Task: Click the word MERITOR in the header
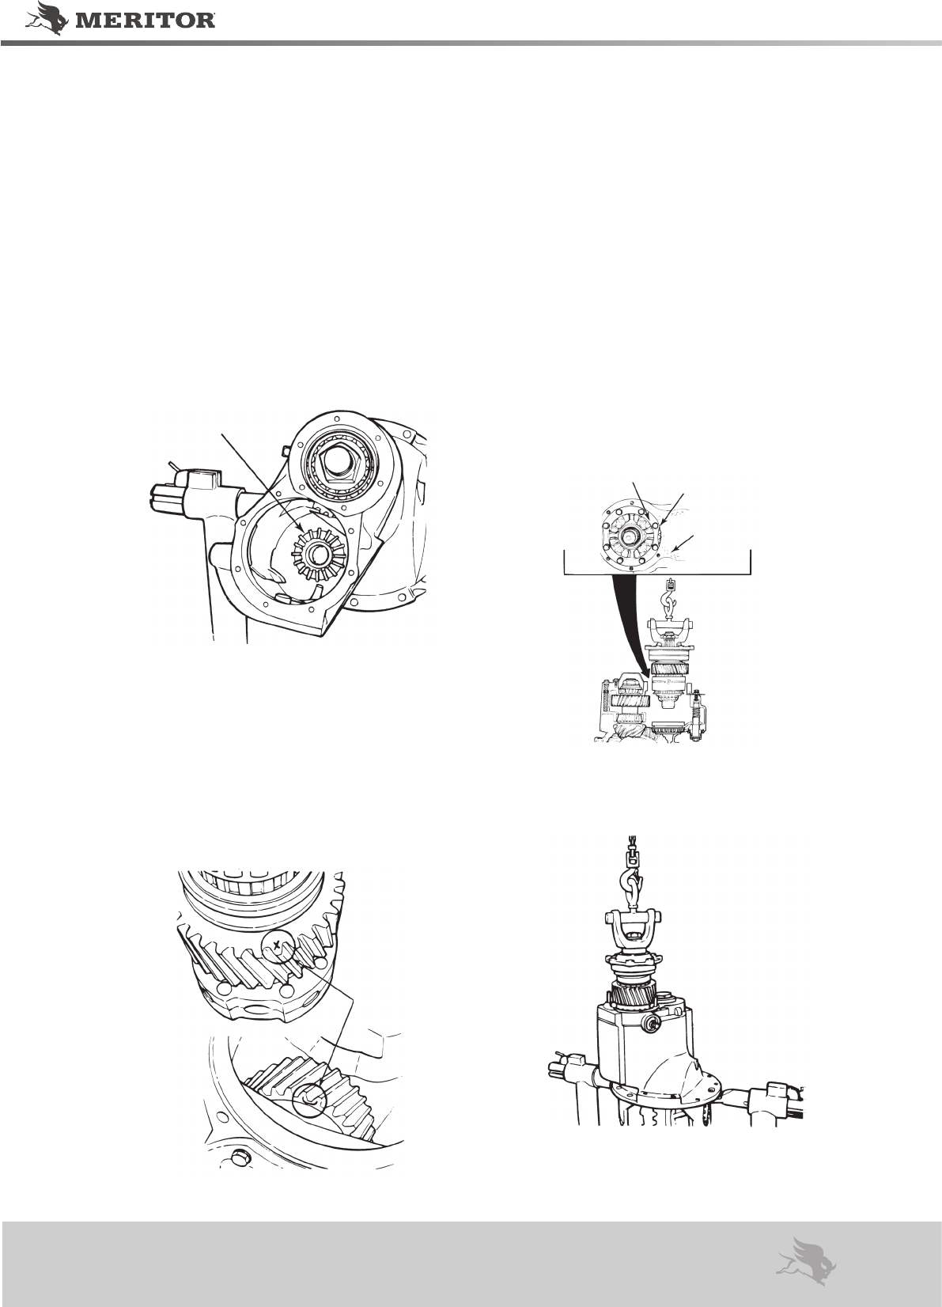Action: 146,21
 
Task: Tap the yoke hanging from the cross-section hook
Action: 669,630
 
